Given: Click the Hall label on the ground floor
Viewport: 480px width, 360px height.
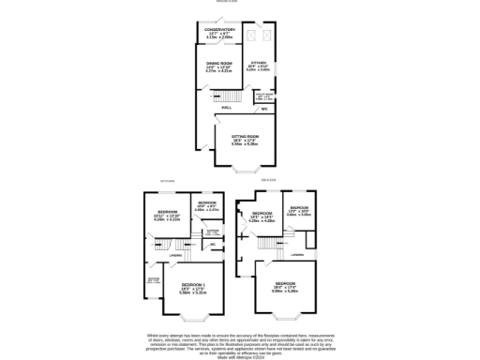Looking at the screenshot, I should tap(227, 109).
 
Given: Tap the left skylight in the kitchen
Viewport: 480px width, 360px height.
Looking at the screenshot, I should tap(251, 37).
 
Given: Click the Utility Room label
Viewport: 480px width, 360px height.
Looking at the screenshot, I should tap(264, 96).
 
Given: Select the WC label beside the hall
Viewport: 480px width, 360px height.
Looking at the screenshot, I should tap(265, 110).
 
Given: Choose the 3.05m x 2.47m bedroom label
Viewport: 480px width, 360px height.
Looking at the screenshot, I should tap(206, 206).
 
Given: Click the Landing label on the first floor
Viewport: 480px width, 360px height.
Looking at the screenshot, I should tap(175, 256).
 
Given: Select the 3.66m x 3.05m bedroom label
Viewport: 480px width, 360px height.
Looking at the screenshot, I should tap(299, 212).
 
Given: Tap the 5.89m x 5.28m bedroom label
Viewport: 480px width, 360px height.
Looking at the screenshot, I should tap(286, 287).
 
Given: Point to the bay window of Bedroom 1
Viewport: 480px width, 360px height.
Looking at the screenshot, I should tap(195, 322).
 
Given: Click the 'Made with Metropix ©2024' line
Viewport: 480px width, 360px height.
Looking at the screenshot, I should tap(240, 356).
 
